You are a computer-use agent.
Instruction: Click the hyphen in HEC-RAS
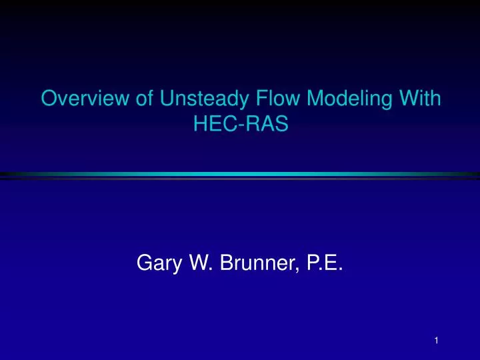coord(237,126)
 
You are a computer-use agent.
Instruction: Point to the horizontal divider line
coord(240,175)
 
